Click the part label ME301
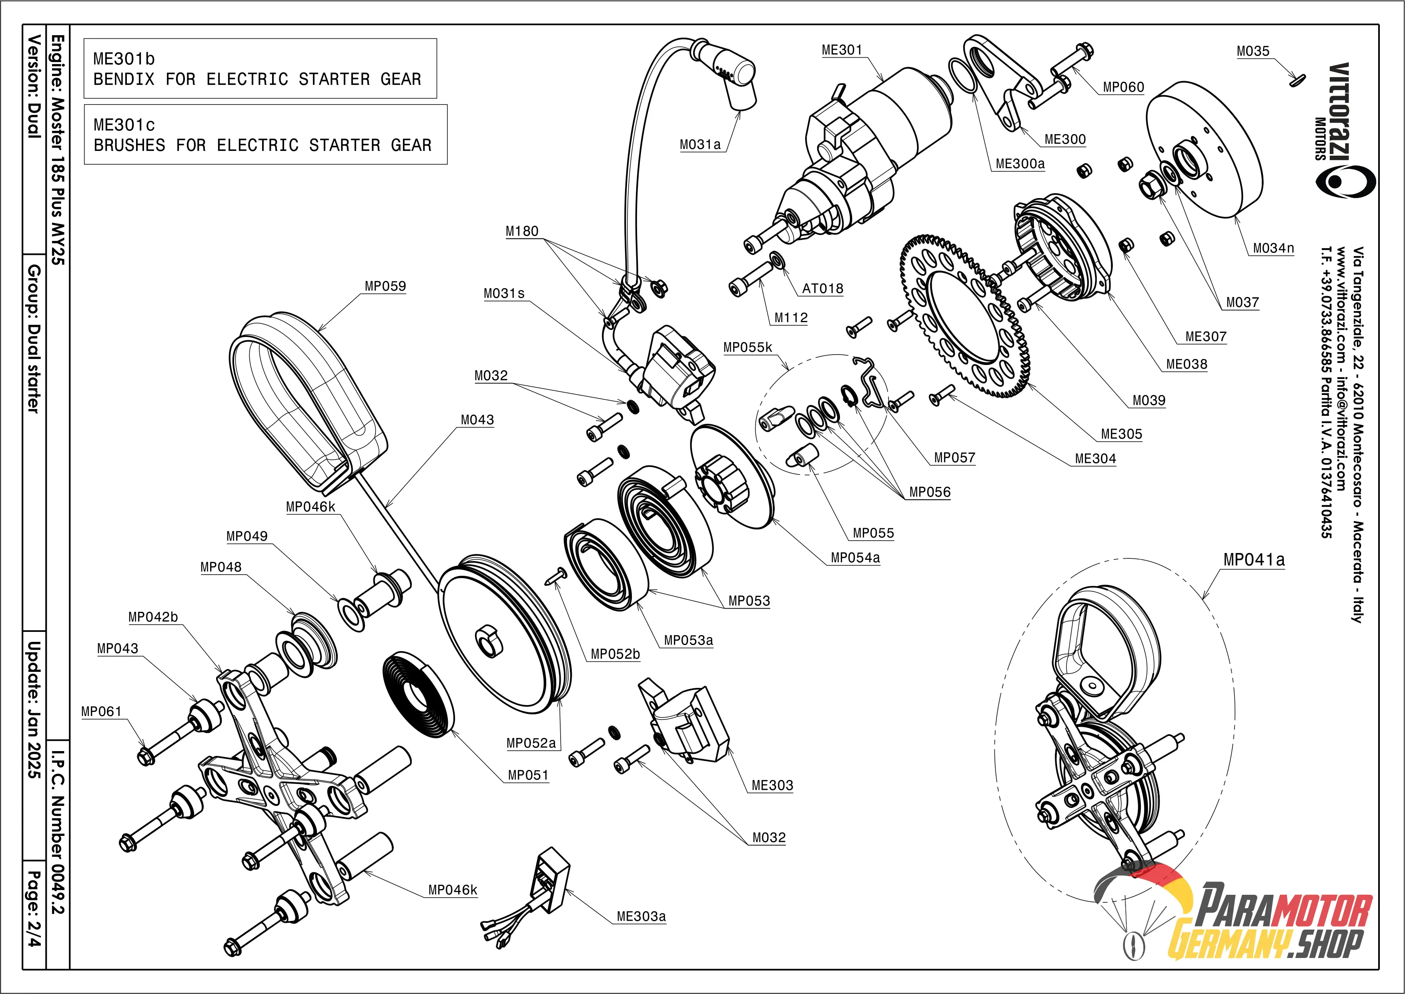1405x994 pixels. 842,50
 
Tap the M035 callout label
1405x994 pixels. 1253,51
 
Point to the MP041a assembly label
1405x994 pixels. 1253,559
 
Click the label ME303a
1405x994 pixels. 641,916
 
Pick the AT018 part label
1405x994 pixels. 822,288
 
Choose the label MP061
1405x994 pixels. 102,711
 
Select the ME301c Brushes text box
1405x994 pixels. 265,135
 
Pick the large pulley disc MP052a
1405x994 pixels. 502,637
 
